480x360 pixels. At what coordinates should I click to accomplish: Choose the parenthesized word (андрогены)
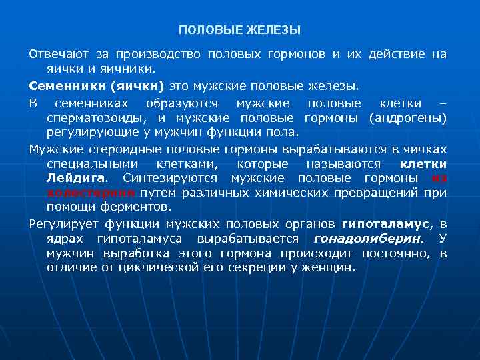coord(406,118)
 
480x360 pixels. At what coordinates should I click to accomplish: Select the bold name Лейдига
coord(75,178)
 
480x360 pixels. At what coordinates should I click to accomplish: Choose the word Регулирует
coord(61,224)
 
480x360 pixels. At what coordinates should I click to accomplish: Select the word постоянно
coord(397,253)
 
